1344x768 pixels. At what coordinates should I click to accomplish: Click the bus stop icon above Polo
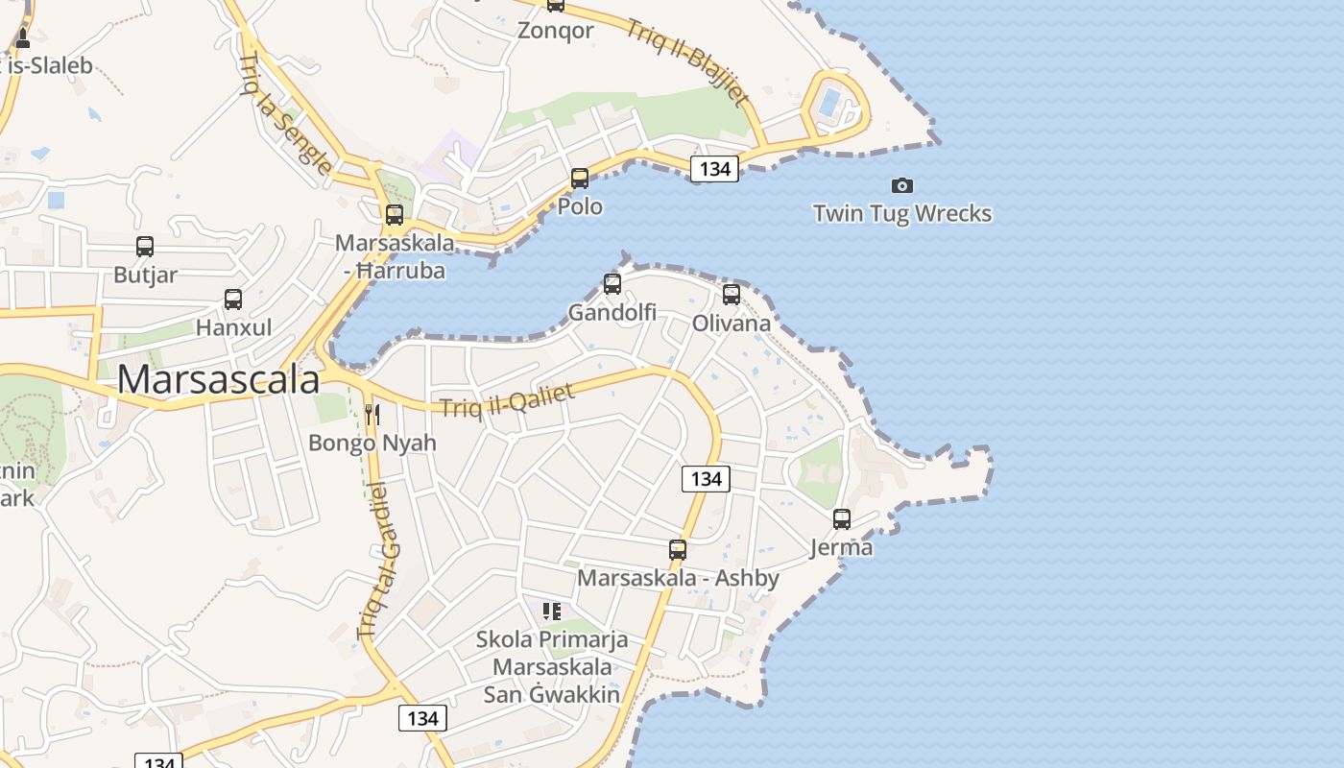tap(580, 179)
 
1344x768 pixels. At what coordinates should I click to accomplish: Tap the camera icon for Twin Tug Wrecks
tap(901, 185)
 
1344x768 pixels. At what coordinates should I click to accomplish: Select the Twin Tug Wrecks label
tap(901, 213)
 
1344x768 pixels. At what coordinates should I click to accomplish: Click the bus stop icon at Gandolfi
tap(612, 284)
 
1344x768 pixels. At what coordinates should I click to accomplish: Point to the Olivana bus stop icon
tap(732, 295)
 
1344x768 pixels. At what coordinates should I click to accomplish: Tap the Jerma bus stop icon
tap(842, 519)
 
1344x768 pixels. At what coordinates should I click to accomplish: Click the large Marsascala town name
tap(218, 380)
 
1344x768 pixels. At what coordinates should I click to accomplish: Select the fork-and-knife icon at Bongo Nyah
tap(372, 415)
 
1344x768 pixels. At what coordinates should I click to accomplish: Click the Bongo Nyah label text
tap(372, 443)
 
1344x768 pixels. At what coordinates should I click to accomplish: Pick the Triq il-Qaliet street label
tap(508, 400)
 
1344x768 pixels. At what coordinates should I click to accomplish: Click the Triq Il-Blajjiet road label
tap(687, 60)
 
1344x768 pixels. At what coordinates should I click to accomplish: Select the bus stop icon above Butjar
tap(145, 247)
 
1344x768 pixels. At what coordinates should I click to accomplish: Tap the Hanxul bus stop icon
tap(233, 300)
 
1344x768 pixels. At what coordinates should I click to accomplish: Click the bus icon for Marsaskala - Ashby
tap(678, 550)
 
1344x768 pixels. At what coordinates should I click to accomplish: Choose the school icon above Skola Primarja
tap(552, 611)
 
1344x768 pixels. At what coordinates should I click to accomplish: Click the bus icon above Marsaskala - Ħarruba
tap(395, 215)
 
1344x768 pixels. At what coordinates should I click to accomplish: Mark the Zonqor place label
tap(556, 31)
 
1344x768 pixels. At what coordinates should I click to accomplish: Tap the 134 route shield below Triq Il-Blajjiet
tap(714, 169)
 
